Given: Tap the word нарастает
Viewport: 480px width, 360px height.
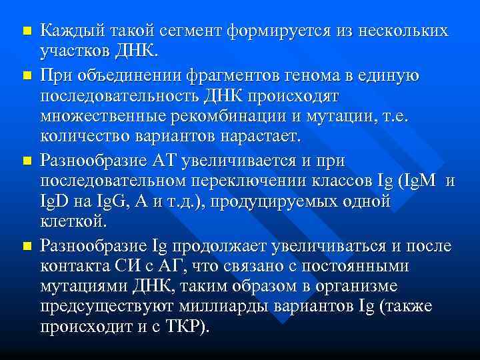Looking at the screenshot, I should click(x=257, y=138).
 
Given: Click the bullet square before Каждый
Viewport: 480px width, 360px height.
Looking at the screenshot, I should click(x=26, y=31).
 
